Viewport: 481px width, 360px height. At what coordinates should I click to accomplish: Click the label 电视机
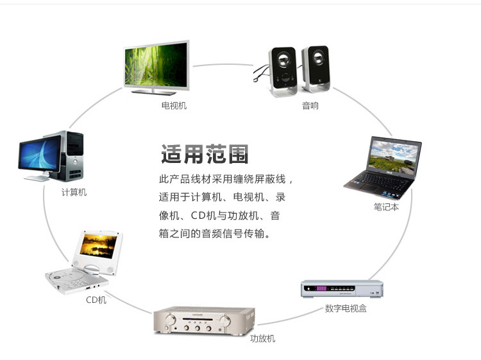[x=174, y=106]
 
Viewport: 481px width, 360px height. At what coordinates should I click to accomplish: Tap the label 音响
[x=310, y=106]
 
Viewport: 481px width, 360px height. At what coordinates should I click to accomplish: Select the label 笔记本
[x=386, y=207]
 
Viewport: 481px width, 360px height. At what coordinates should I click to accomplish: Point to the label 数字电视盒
[x=346, y=308]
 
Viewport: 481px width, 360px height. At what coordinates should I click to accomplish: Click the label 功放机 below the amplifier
[x=262, y=339]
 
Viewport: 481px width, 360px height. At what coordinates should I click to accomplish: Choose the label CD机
[x=96, y=300]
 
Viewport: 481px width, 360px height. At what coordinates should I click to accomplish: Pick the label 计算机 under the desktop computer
[x=74, y=192]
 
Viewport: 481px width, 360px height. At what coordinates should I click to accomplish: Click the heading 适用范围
[x=205, y=154]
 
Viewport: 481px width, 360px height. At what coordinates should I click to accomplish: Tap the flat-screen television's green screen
[x=156, y=65]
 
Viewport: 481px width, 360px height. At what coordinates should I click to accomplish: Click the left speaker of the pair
[x=283, y=72]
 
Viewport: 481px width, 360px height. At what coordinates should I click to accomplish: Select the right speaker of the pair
[x=316, y=69]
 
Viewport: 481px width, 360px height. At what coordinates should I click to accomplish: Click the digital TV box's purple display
[x=321, y=288]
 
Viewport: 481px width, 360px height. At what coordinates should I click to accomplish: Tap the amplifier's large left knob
[x=170, y=320]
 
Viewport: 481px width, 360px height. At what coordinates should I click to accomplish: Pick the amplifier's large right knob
[x=225, y=321]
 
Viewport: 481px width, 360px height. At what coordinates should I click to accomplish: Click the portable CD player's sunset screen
[x=99, y=246]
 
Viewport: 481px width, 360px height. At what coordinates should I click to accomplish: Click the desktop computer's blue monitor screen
[x=40, y=153]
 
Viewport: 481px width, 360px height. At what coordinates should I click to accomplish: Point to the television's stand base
[x=154, y=92]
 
